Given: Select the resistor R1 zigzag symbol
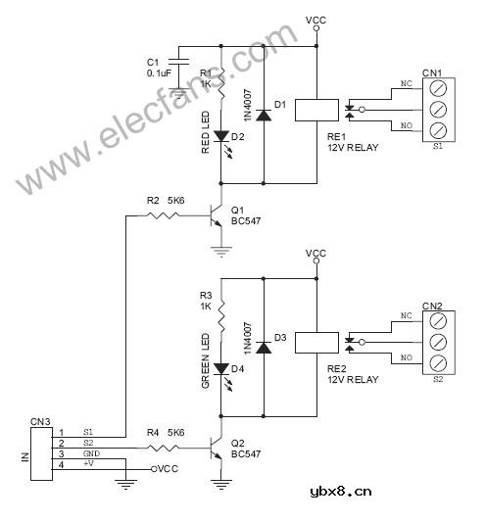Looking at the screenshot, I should coord(221,86).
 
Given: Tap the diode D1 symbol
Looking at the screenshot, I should coord(263,113).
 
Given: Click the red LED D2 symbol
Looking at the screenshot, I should coord(221,138).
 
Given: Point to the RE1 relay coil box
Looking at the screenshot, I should coord(315,110).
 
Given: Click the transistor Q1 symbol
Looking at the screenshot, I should coord(218,216).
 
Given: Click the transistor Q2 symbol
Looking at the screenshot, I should coord(218,449).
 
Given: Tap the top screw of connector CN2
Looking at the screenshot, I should coord(438,319).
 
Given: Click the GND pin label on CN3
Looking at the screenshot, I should coord(89,454).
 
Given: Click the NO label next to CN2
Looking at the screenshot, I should coord(406,360).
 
